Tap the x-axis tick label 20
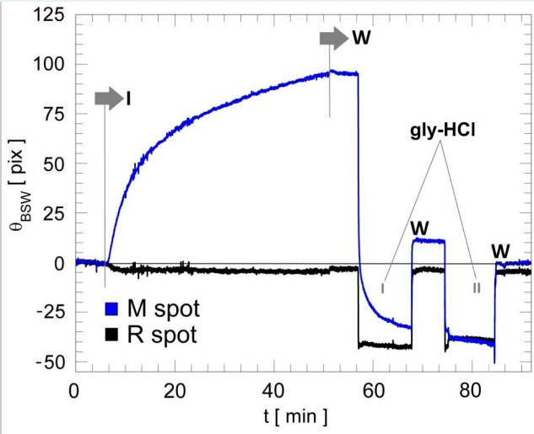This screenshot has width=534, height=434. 174,392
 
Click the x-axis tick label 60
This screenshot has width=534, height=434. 372,392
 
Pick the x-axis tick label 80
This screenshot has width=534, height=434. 471,392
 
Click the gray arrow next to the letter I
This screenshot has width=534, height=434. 108,99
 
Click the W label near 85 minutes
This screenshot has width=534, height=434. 501,250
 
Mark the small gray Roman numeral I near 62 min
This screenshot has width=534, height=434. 384,287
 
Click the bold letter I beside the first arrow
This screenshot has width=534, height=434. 129,99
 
